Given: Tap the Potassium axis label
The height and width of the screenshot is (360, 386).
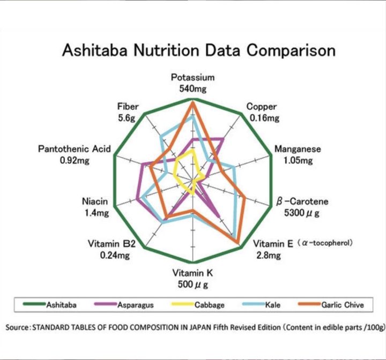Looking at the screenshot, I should (192, 78).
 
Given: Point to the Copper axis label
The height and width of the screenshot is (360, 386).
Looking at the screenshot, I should (262, 107).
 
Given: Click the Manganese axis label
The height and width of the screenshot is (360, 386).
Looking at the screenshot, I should (298, 149).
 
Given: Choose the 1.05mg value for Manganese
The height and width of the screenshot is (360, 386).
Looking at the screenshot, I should (298, 160).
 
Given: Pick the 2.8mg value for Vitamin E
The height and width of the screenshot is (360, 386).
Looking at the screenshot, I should (269, 256).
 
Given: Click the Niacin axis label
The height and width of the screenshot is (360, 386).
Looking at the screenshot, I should (95, 202).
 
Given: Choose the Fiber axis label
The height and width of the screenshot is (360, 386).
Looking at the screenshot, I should (127, 107).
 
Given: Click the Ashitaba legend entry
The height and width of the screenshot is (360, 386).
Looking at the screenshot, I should (61, 305).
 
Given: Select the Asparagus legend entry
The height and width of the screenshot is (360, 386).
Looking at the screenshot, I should (135, 305).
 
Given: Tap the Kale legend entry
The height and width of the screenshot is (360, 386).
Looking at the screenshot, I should (273, 305).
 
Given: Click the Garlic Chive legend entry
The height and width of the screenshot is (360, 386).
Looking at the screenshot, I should (343, 305).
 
